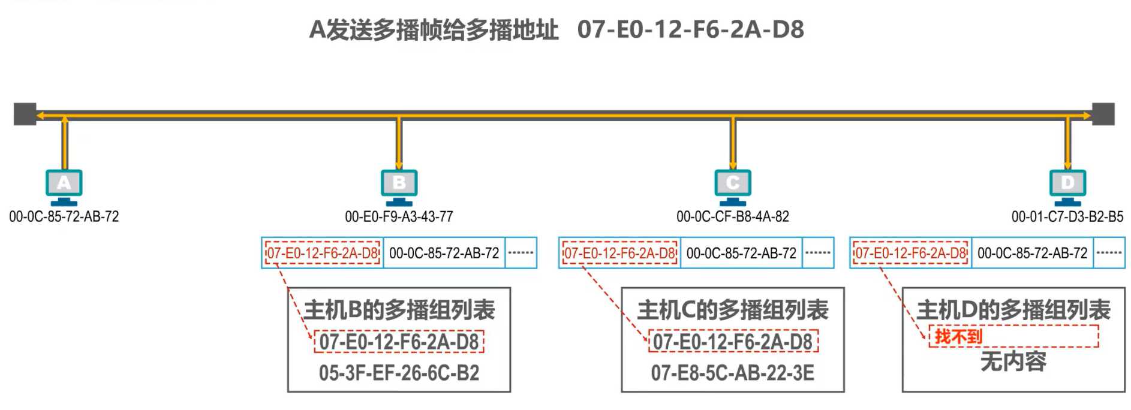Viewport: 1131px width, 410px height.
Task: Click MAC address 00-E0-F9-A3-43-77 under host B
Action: (x=399, y=216)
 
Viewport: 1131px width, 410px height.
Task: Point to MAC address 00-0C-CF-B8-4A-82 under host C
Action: (x=732, y=216)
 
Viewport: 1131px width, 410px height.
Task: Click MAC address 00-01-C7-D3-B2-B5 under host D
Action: (x=1067, y=216)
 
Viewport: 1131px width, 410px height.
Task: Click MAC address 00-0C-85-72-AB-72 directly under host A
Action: (x=64, y=216)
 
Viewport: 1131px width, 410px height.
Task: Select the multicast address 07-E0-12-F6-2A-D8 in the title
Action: (x=690, y=29)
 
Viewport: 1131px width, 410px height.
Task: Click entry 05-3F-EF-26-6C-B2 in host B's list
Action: (x=399, y=373)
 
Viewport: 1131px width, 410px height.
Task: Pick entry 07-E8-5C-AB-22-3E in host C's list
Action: (x=732, y=373)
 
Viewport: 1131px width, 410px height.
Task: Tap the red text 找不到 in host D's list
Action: (x=958, y=336)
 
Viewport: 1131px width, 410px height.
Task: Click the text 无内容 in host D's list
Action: (x=1013, y=361)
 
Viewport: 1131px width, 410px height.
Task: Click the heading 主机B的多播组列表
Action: (x=399, y=310)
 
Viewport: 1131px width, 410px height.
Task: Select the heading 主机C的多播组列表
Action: (x=732, y=310)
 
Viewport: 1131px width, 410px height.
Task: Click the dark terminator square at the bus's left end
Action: (x=25, y=114)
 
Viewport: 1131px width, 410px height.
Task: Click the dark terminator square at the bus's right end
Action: (x=1103, y=114)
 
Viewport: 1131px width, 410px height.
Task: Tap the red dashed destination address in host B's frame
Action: (x=323, y=253)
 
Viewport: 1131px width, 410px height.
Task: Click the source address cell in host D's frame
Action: (x=1032, y=253)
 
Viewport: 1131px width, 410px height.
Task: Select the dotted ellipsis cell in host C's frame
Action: (x=817, y=253)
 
